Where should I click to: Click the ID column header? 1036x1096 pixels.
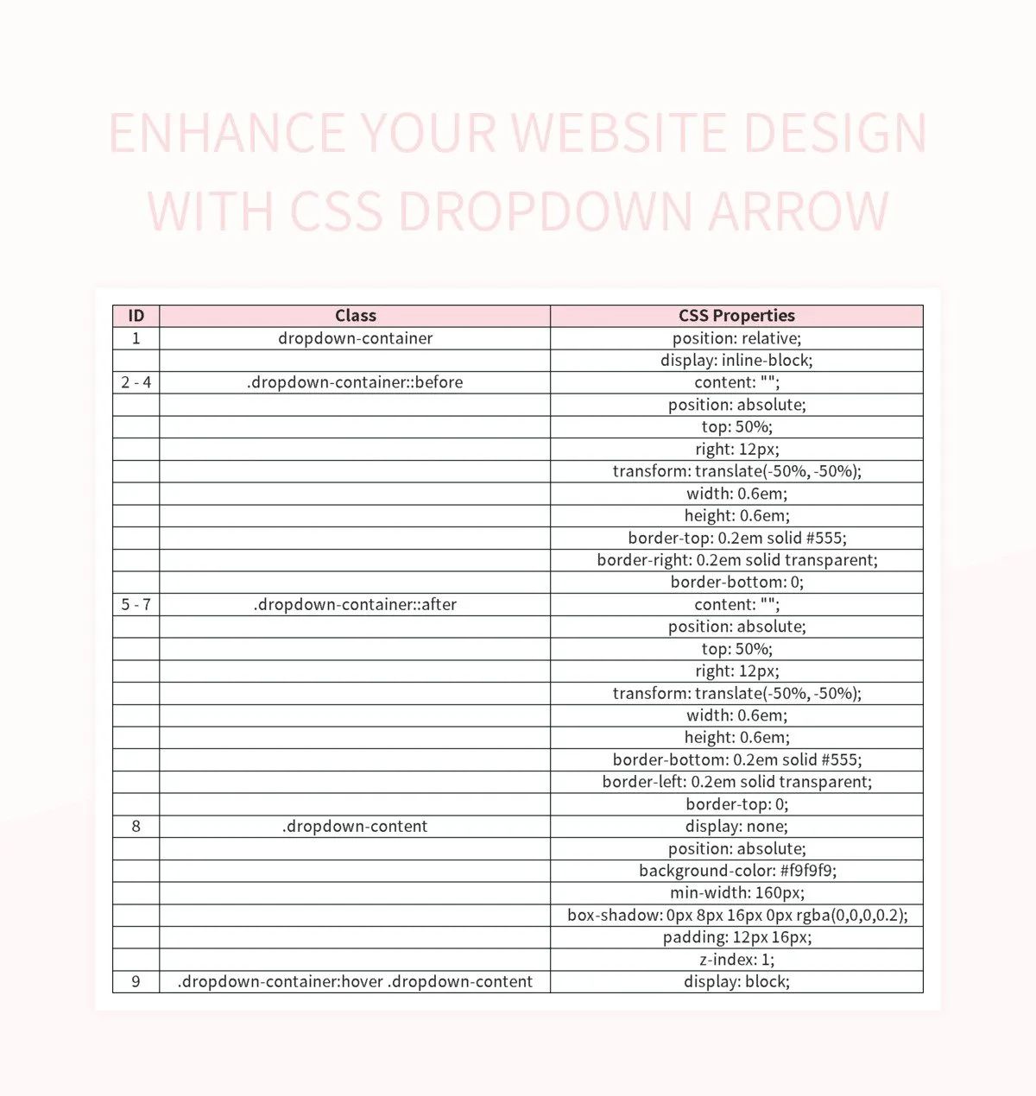pos(136,316)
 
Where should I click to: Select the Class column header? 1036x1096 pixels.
pos(355,316)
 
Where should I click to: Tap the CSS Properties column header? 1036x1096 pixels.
pos(736,316)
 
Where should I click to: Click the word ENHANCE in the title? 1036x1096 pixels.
pos(227,134)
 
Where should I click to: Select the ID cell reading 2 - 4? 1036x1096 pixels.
pos(136,382)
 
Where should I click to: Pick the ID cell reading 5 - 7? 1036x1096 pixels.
pos(136,604)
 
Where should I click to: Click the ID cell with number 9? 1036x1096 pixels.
pos(136,981)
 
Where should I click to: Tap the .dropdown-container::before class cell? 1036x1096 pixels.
pos(355,382)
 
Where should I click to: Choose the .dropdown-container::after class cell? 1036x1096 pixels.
pos(355,604)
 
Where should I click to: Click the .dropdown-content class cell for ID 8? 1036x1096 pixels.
pos(355,826)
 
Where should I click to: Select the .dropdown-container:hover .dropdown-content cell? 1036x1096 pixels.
pos(355,981)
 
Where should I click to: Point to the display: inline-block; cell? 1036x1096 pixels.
pos(736,360)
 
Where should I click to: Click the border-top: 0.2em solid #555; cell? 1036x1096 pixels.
pos(736,538)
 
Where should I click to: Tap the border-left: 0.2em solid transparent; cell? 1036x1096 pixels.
pos(736,782)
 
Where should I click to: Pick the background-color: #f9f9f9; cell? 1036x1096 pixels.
pos(736,871)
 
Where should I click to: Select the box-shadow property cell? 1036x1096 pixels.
pos(736,915)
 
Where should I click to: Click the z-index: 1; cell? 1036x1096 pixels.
pos(736,960)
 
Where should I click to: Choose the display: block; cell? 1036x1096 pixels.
pos(736,981)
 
